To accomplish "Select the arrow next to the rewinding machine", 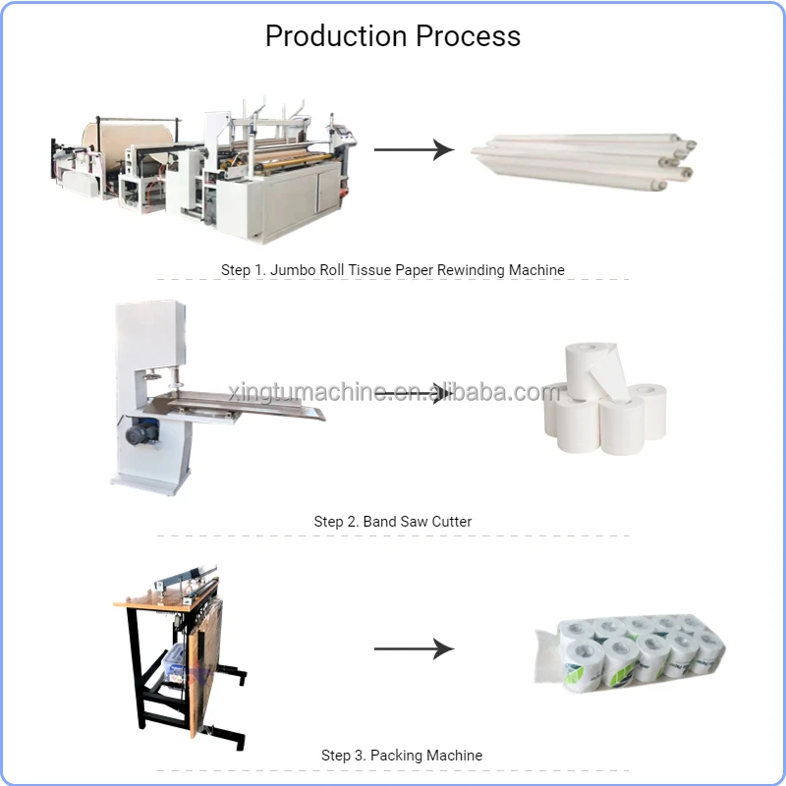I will [413, 150].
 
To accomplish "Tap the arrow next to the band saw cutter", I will [414, 393].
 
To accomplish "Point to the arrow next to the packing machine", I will [413, 648].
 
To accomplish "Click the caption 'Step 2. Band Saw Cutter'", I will [393, 522].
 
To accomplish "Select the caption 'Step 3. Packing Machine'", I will [402, 756].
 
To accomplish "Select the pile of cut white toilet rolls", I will [604, 403].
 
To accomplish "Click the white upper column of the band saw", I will [147, 334].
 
